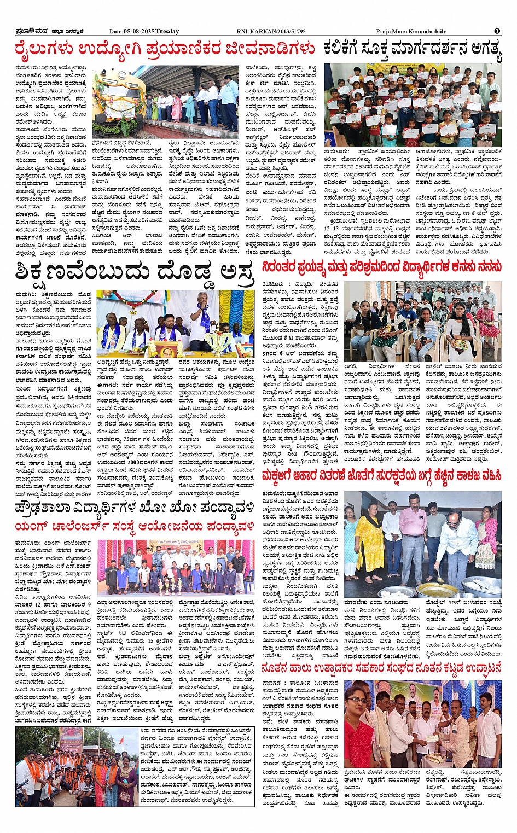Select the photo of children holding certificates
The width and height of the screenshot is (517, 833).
point(413,104)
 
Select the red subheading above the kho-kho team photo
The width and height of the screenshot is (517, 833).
point(135,527)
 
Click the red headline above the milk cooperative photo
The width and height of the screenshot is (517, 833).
point(381,668)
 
